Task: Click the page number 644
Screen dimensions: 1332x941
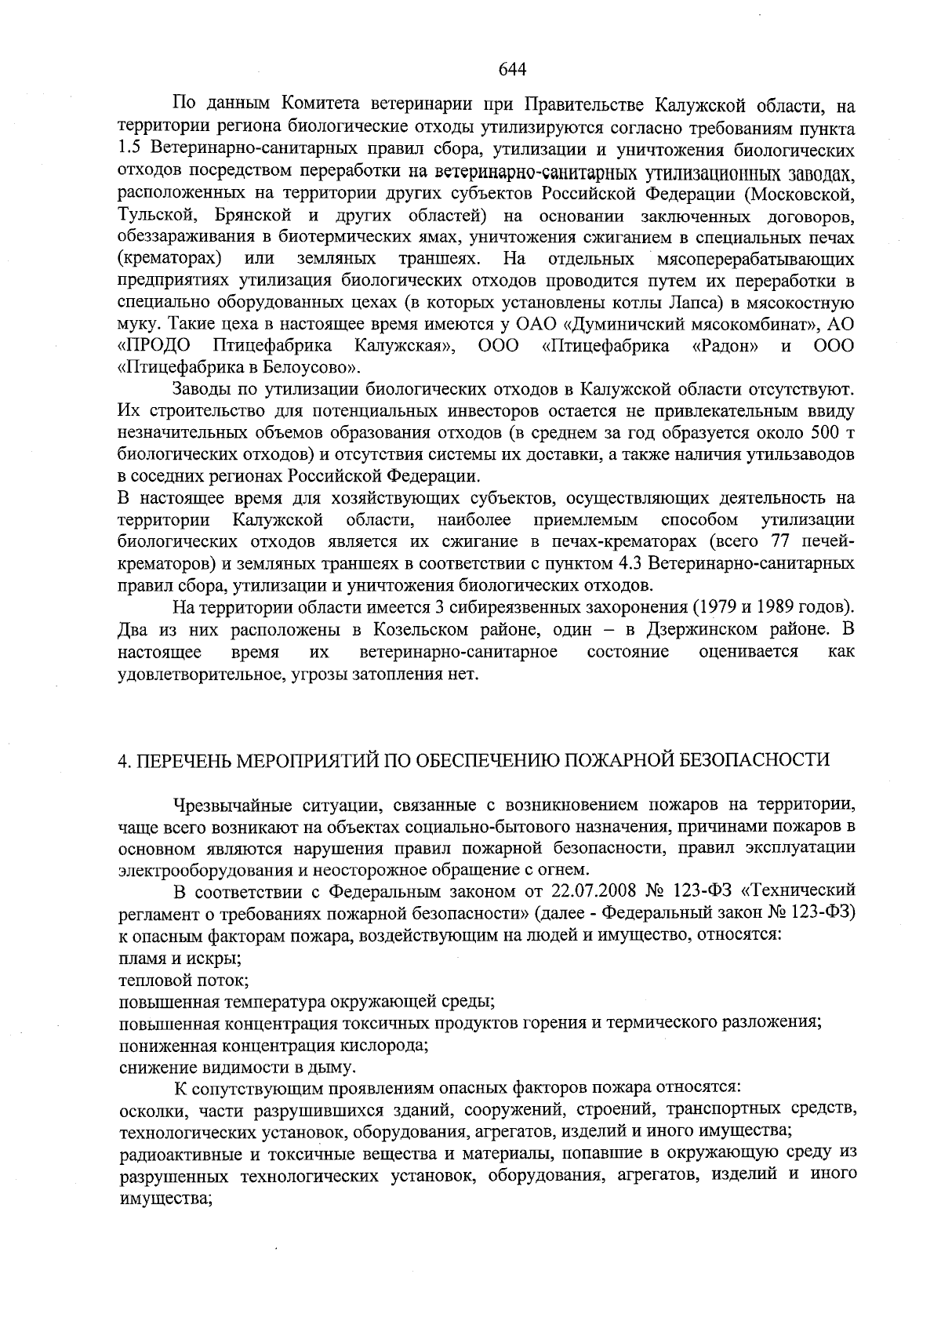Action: click(511, 68)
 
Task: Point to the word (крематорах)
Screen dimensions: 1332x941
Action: click(167, 258)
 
